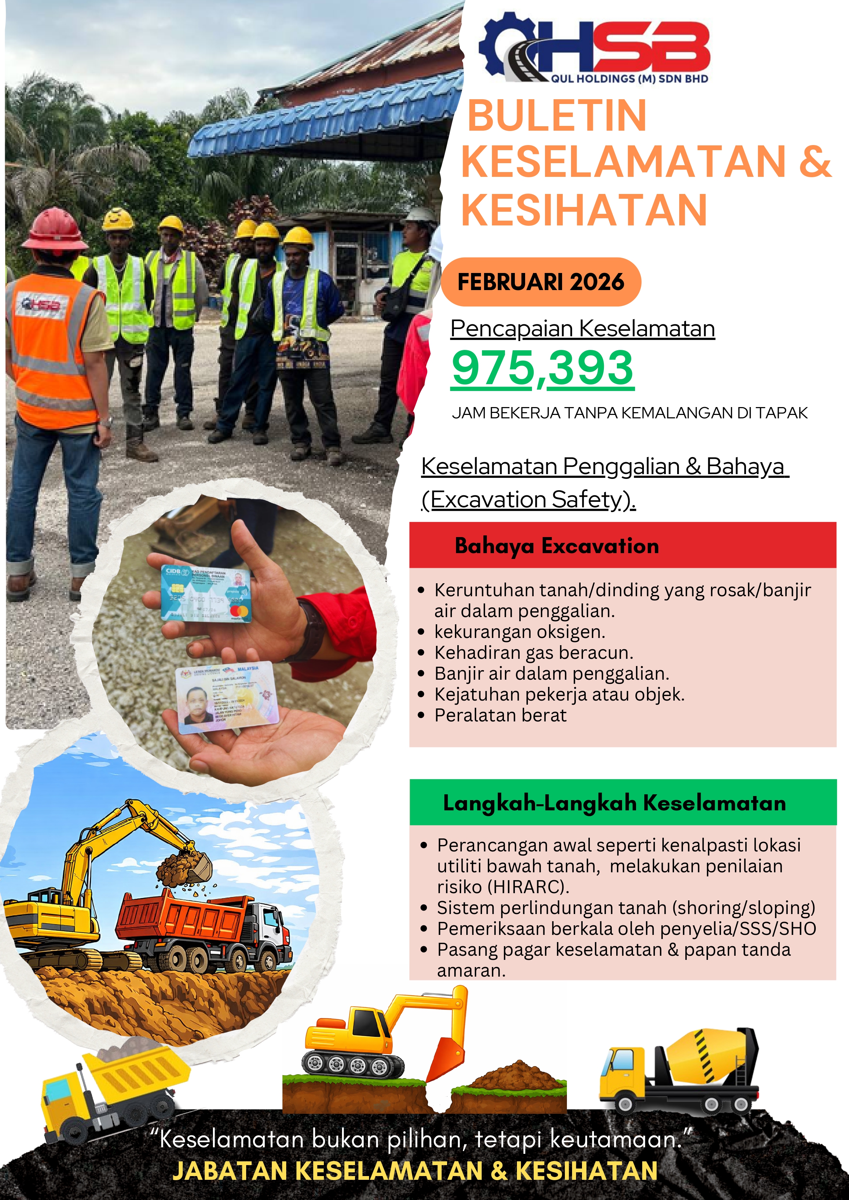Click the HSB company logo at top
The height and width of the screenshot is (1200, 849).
pyautogui.click(x=594, y=49)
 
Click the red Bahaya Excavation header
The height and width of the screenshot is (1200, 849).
pyautogui.click(x=622, y=545)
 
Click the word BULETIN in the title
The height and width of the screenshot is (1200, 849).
pyautogui.click(x=557, y=116)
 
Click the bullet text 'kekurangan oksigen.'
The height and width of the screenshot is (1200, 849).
pyautogui.click(x=519, y=632)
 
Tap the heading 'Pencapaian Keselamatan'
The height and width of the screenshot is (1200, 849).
pyautogui.click(x=582, y=329)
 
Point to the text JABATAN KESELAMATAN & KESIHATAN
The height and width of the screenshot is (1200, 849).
pyautogui.click(x=415, y=1171)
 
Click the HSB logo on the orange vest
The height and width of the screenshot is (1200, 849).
pyautogui.click(x=42, y=304)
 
